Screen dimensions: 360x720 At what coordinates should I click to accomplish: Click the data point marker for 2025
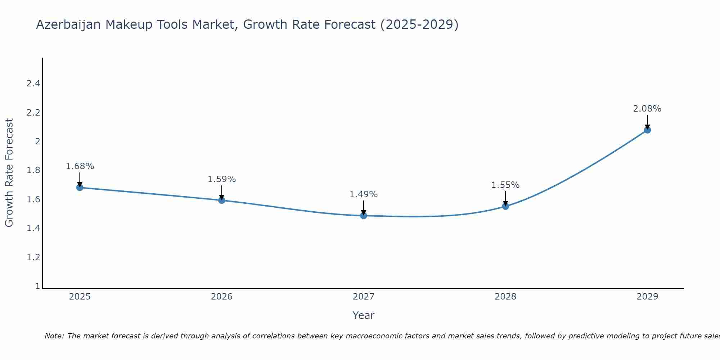(80, 188)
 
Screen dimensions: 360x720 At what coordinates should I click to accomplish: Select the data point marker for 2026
(222, 200)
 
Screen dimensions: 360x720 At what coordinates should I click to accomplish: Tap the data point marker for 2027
(364, 216)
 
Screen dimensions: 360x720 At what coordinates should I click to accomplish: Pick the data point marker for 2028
(505, 206)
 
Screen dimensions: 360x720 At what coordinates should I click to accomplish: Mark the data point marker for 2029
(647, 130)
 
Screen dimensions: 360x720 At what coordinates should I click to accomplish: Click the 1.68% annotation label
(80, 166)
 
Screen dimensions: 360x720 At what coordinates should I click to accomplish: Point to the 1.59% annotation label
(222, 179)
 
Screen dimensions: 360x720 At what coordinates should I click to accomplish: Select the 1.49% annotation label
(364, 194)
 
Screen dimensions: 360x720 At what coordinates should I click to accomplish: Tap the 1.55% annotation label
(505, 185)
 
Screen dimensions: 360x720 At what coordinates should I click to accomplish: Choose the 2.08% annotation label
(647, 109)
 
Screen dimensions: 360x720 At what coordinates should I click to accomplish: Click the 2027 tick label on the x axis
(364, 297)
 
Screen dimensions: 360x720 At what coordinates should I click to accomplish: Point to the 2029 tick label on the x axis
(647, 297)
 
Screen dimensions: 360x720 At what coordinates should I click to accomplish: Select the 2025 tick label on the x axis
(80, 297)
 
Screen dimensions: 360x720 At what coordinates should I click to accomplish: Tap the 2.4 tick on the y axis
(33, 84)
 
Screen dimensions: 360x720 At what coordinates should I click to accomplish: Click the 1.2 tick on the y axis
(33, 257)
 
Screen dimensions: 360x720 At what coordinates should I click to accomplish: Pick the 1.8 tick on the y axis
(33, 170)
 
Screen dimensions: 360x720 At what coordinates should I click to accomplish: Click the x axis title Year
(364, 315)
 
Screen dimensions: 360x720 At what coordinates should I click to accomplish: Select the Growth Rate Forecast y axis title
(9, 173)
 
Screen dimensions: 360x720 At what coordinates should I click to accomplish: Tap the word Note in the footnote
(54, 336)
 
